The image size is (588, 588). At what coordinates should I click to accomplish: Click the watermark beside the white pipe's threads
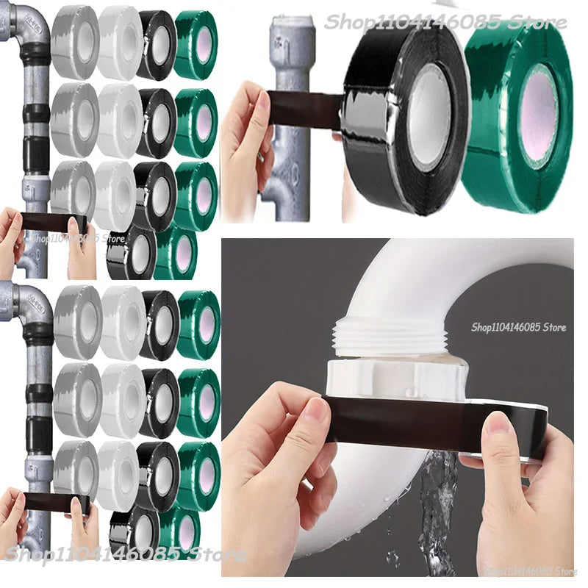point(518,328)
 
